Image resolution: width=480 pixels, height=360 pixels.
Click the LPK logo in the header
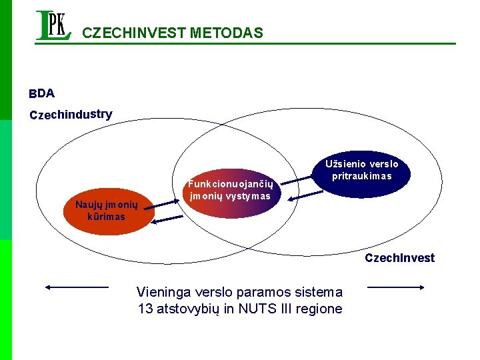(53, 26)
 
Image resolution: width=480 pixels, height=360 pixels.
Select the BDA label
(41, 93)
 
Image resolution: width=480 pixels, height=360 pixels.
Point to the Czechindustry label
(71, 115)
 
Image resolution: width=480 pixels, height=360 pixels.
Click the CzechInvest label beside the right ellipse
(399, 258)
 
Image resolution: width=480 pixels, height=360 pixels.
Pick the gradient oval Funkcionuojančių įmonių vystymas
(230, 190)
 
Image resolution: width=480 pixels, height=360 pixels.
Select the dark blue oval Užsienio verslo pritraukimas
(362, 171)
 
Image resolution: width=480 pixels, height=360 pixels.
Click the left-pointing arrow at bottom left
(76, 287)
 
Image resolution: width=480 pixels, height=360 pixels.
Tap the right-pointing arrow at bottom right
(396, 287)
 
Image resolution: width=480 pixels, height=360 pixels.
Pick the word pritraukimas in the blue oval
(362, 177)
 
